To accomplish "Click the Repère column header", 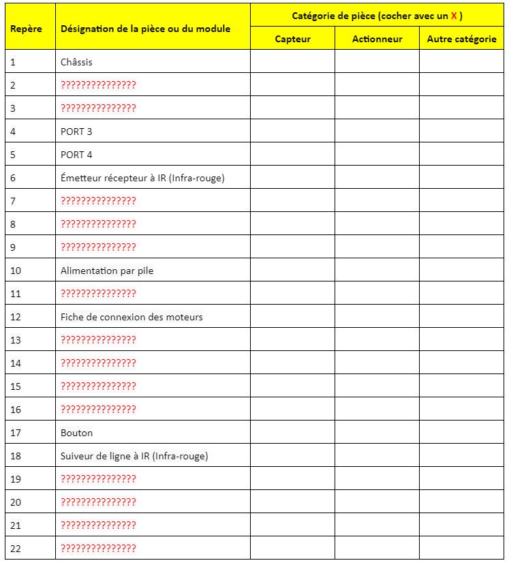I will (26, 29).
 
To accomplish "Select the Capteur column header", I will (292, 39).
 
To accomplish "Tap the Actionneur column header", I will (377, 39).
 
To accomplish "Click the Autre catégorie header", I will (461, 39).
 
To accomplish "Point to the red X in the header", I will (454, 15).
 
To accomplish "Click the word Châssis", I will (76, 62).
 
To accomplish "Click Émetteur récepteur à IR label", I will (142, 178).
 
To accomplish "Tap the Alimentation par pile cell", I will (107, 271).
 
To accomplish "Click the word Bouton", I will (76, 433).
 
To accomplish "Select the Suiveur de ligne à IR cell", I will (134, 456).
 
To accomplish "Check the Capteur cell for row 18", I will (292, 456).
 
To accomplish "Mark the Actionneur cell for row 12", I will (377, 317).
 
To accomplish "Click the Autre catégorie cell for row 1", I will (461, 62).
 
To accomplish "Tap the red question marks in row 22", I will (98, 549).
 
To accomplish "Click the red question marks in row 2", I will (98, 85).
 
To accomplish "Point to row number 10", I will (16, 271).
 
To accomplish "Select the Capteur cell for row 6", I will (292, 178).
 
